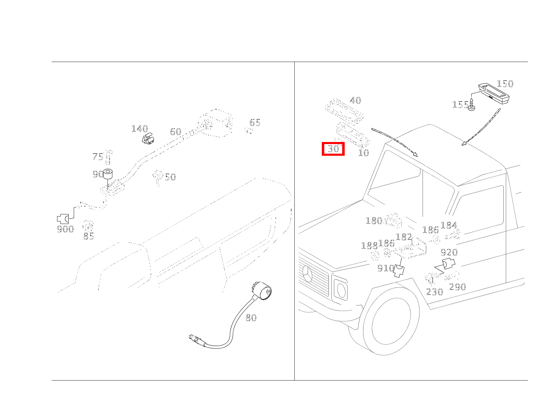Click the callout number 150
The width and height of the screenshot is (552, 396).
[x=505, y=84]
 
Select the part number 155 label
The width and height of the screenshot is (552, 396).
[x=460, y=105]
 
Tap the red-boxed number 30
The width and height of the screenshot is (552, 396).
[x=333, y=149]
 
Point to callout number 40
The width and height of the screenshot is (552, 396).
[x=356, y=100]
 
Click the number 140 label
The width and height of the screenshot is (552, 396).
[x=139, y=129]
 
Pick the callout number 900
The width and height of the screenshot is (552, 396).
[x=65, y=229]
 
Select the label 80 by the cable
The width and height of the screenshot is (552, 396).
[x=251, y=318]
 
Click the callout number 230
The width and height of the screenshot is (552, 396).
[x=435, y=292]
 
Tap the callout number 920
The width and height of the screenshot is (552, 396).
[x=449, y=252]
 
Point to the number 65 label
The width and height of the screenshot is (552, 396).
[x=255, y=122]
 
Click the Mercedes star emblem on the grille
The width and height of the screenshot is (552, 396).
[x=308, y=274]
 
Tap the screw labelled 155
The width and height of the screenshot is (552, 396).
[x=472, y=105]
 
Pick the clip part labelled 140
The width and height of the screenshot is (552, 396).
[x=149, y=139]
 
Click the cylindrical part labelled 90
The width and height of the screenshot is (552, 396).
[x=108, y=174]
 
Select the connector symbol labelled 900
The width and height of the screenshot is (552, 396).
[x=63, y=219]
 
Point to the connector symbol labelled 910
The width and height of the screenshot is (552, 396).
[x=399, y=270]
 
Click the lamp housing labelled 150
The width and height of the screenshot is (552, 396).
[x=494, y=93]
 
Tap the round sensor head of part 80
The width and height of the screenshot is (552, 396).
[x=262, y=291]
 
